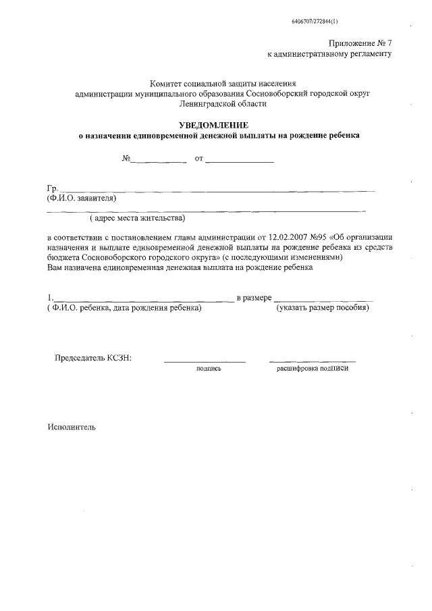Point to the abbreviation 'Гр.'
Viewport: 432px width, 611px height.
(x=52, y=188)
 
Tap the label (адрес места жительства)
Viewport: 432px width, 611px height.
(x=137, y=219)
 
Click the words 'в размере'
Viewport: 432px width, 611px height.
(x=254, y=298)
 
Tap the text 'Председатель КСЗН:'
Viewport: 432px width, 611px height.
(x=92, y=358)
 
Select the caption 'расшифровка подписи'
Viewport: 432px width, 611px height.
(x=313, y=369)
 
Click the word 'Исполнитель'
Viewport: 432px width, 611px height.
(x=72, y=427)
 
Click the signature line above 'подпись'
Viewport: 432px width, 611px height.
(x=205, y=362)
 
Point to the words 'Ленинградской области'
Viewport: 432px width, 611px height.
(x=223, y=104)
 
